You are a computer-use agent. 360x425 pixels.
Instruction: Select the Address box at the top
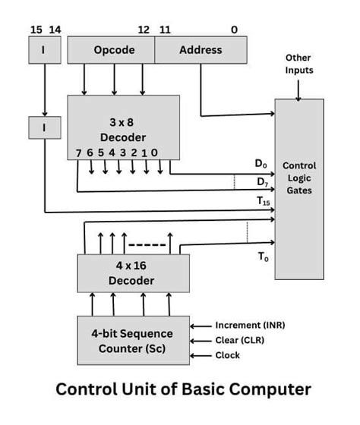tap(201, 50)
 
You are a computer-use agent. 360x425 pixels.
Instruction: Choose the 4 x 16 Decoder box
tap(124, 273)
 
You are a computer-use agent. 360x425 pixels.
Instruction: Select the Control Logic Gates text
tap(298, 178)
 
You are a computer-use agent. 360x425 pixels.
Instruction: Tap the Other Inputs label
tap(298, 65)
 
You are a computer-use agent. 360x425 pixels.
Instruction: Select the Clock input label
tap(227, 355)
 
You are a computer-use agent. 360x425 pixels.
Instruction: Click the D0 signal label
tap(261, 163)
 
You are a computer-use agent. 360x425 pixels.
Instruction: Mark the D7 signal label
tap(261, 181)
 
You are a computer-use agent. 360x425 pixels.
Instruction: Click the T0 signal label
tap(262, 257)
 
